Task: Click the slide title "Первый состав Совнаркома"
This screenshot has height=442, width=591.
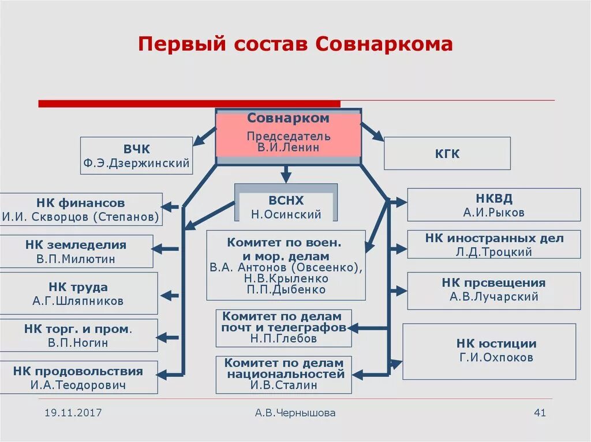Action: tap(295, 44)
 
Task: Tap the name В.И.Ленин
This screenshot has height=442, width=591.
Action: tap(288, 147)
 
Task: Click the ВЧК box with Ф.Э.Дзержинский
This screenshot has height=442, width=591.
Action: tap(136, 155)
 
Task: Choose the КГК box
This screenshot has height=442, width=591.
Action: tap(447, 153)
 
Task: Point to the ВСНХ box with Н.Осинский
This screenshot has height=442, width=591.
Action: tap(286, 207)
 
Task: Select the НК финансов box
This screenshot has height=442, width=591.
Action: tap(81, 210)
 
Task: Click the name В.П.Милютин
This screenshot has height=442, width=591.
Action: tap(76, 259)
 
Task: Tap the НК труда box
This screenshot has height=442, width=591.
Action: tap(78, 293)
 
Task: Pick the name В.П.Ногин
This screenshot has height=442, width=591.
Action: tap(78, 343)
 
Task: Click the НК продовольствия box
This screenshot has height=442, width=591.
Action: tap(78, 377)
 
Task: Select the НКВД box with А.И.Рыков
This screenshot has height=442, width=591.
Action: tap(493, 205)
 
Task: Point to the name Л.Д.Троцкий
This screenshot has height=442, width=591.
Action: tap(494, 252)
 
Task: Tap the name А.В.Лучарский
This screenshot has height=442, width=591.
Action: tap(493, 297)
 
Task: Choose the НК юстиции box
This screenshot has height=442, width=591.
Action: tap(489, 351)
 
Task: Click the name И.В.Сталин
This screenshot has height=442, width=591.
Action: tap(283, 386)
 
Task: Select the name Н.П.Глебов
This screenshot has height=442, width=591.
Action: tap(283, 339)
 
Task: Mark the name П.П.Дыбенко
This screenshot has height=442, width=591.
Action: tap(286, 290)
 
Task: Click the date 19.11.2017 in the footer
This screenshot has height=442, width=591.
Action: tap(73, 413)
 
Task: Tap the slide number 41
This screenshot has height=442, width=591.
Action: tap(540, 413)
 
